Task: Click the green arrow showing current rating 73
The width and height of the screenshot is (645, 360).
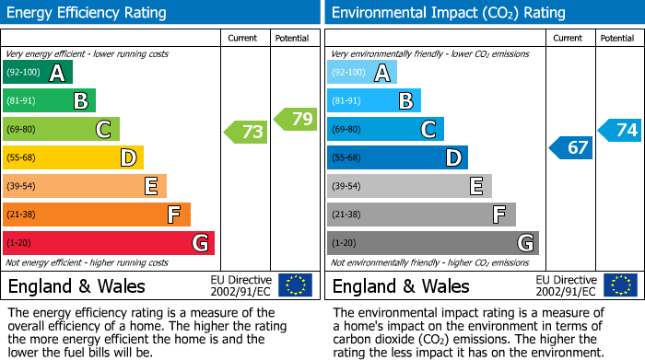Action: click(246, 132)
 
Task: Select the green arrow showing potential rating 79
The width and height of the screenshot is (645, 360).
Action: click(294, 119)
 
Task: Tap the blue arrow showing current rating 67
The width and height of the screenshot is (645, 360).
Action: click(571, 147)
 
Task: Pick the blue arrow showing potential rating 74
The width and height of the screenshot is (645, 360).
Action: click(620, 130)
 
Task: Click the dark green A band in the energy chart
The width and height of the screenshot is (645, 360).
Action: click(38, 73)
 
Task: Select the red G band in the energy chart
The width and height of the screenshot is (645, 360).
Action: click(109, 243)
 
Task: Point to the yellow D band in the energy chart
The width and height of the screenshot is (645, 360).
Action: click(74, 157)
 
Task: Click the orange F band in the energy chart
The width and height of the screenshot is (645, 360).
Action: click(97, 215)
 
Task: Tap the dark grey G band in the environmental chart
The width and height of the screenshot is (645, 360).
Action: click(432, 243)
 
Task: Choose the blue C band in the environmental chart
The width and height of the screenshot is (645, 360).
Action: click(385, 129)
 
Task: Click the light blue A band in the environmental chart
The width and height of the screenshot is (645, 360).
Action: click(362, 73)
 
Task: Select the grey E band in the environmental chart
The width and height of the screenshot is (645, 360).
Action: click(409, 186)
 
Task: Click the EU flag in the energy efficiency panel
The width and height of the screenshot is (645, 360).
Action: click(295, 285)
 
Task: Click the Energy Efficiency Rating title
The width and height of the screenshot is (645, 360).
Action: click(88, 13)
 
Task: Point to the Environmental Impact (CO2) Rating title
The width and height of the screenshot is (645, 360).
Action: click(448, 13)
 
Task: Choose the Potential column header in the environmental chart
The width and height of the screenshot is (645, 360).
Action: click(617, 38)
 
